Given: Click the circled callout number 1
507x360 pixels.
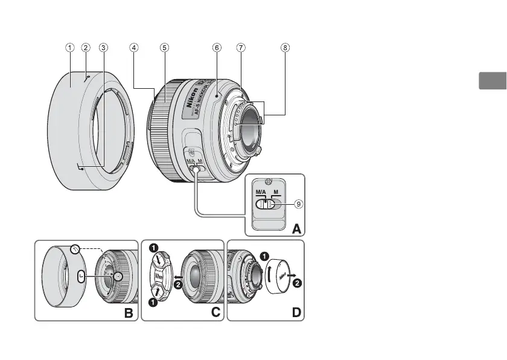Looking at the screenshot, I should [x=70, y=47].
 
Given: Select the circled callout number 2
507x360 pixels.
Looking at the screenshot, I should [x=86, y=47].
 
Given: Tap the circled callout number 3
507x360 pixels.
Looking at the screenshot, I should [x=103, y=47].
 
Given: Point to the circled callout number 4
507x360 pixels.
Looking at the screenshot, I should [x=134, y=47].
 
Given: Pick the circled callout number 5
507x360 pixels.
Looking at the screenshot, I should [x=164, y=47].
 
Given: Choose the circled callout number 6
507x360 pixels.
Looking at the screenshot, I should [x=216, y=47].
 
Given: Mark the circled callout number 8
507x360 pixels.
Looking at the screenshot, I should [x=285, y=47].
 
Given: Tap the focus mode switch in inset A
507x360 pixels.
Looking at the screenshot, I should [x=266, y=205].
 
